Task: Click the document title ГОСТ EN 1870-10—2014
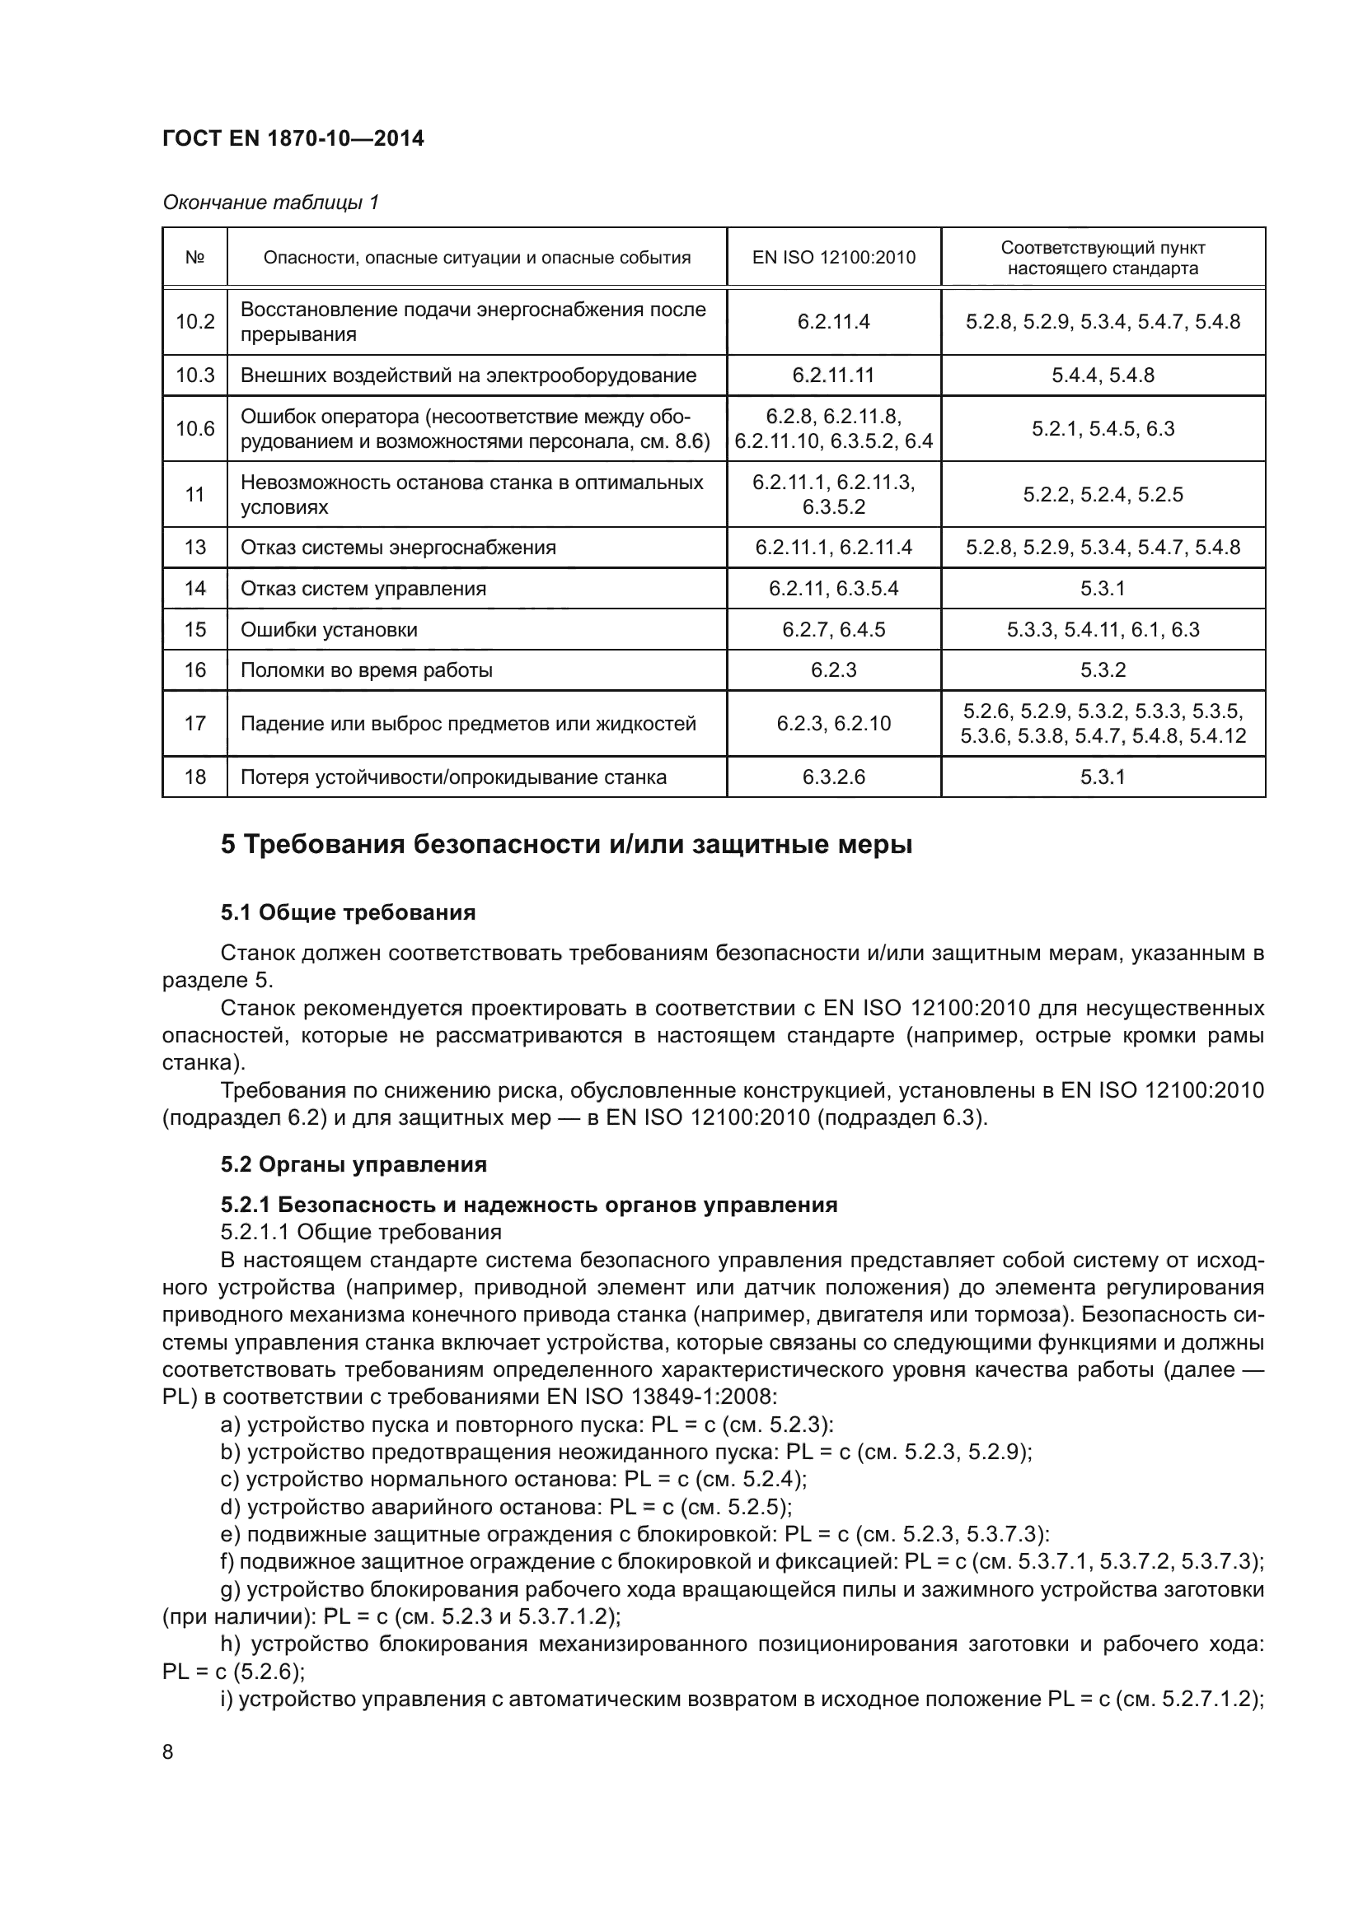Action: click(293, 138)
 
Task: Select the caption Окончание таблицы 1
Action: click(270, 203)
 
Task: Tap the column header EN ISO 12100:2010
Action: click(833, 258)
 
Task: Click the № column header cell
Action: click(194, 258)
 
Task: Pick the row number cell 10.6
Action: click(194, 429)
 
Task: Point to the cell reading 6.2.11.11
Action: click(833, 375)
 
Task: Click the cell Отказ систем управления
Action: click(363, 588)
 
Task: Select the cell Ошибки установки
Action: click(329, 629)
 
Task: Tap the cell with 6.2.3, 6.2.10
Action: click(833, 723)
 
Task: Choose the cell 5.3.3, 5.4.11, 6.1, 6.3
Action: click(1103, 629)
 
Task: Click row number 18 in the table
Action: click(194, 776)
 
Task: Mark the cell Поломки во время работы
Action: click(367, 670)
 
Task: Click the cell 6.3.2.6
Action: click(833, 776)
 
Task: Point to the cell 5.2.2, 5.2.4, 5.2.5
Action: click(1103, 494)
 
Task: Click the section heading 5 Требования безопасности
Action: click(566, 845)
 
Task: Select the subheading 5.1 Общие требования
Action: click(349, 912)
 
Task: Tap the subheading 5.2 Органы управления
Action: click(354, 1164)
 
